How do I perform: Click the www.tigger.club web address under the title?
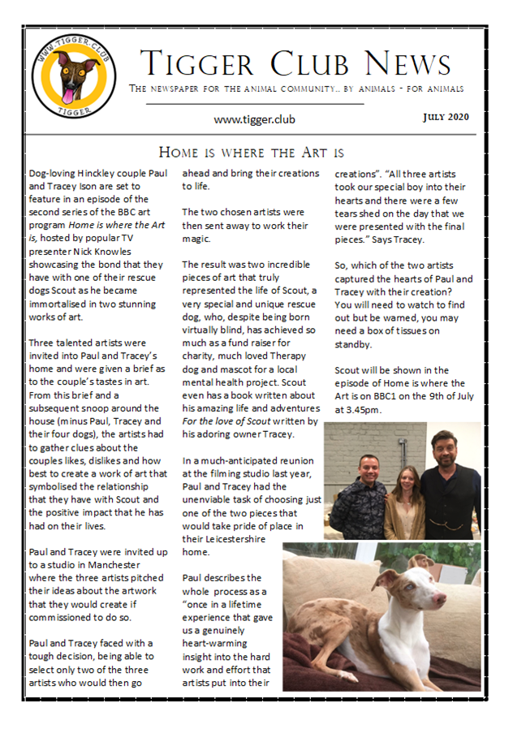point(254,119)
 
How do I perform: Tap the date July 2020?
point(446,117)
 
